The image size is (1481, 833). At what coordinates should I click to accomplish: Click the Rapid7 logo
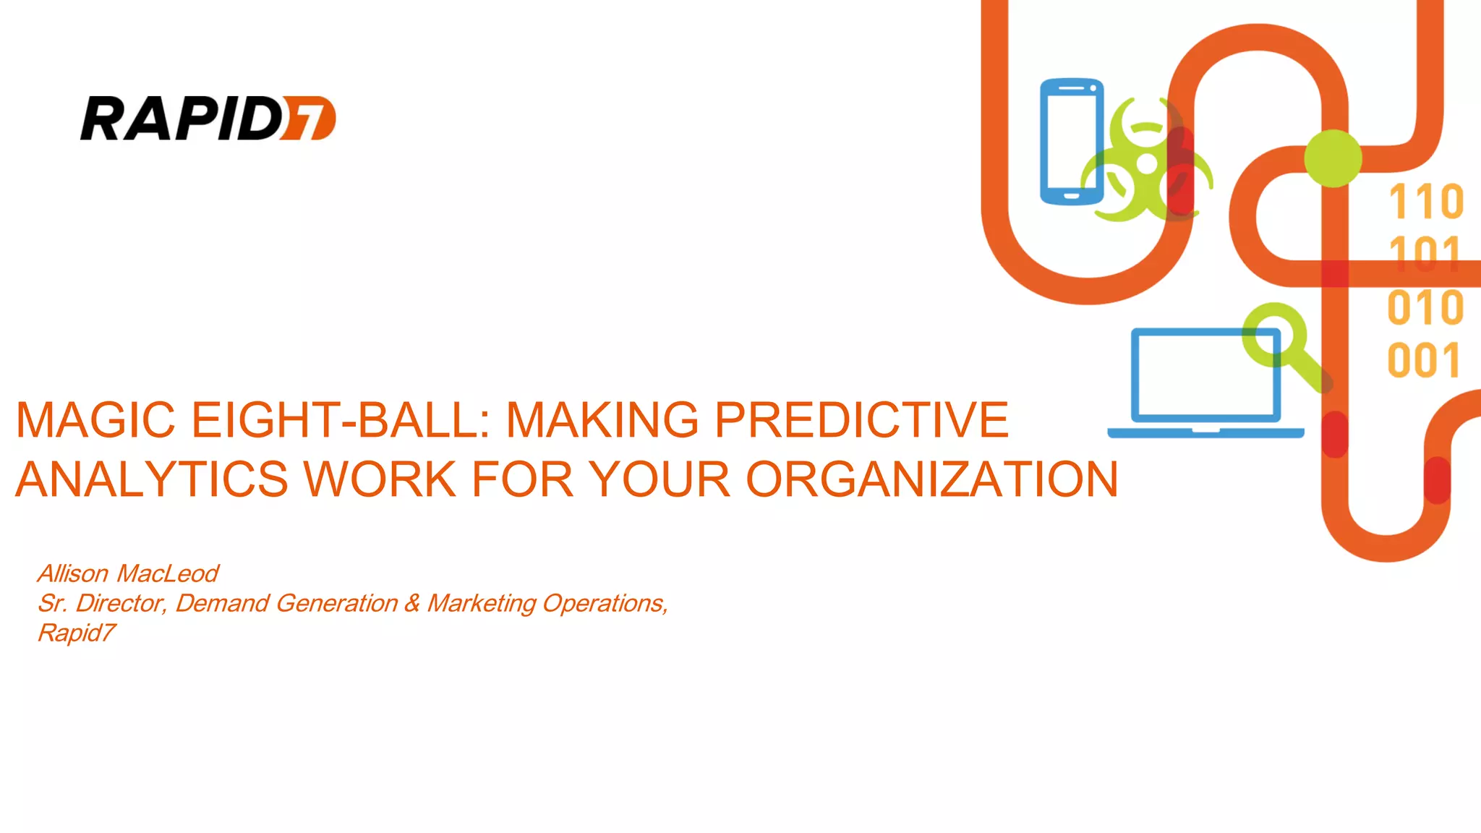coord(208,118)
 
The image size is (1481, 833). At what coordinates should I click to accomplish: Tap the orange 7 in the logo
coord(310,119)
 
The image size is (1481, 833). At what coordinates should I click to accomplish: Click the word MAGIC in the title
coord(95,419)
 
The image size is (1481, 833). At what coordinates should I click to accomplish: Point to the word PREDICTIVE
coord(861,419)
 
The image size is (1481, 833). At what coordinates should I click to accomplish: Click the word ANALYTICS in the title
coord(152,479)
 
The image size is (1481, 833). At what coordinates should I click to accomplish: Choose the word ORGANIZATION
coord(931,479)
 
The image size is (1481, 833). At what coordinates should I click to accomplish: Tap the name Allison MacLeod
coord(128,573)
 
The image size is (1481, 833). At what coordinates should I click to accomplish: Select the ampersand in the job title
coord(412,603)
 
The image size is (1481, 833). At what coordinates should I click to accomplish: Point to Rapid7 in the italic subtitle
coord(77,633)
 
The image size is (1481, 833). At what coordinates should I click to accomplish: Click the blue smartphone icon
coord(1072,142)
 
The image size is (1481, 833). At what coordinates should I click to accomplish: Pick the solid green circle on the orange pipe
coord(1333,158)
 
